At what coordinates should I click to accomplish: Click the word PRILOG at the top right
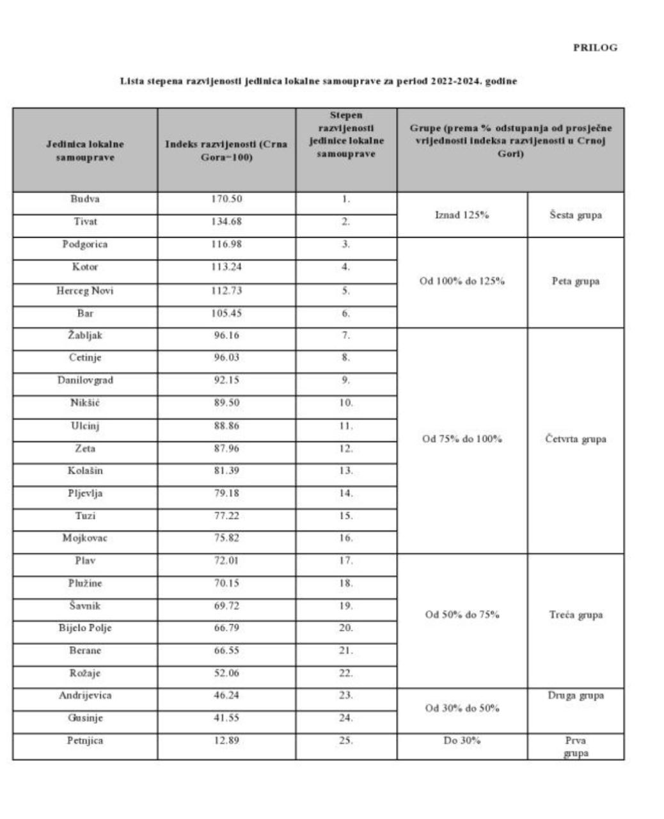click(x=595, y=48)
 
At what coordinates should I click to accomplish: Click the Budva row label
click(x=85, y=199)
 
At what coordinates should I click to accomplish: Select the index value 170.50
click(x=226, y=199)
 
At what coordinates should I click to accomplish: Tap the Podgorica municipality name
click(x=85, y=244)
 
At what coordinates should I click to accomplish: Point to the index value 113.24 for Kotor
click(x=226, y=267)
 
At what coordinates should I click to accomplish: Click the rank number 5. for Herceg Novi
click(x=345, y=290)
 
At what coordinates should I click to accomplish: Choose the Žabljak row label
click(x=85, y=335)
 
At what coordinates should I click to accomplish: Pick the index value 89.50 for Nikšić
click(x=226, y=402)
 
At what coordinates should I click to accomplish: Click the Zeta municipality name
click(x=85, y=448)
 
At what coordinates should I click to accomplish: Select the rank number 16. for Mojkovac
click(x=345, y=538)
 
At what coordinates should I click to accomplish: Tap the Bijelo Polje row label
click(x=85, y=628)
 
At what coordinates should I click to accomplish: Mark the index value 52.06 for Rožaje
click(x=226, y=673)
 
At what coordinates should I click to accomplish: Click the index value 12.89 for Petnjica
click(x=226, y=740)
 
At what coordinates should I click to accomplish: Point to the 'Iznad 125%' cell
click(x=462, y=215)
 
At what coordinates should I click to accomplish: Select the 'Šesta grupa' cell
click(x=575, y=215)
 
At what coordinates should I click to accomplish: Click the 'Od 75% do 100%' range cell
click(x=462, y=439)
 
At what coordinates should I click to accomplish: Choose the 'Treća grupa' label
click(x=575, y=615)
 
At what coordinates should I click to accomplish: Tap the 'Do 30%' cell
click(x=462, y=740)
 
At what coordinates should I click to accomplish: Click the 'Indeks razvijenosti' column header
click(x=226, y=150)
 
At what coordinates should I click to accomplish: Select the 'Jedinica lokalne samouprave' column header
click(x=85, y=150)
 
